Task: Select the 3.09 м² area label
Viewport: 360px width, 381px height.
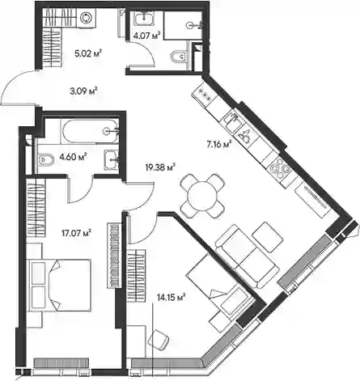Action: click(x=83, y=91)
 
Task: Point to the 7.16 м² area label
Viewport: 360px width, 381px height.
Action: click(x=219, y=145)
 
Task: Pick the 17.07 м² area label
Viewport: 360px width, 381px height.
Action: click(x=76, y=232)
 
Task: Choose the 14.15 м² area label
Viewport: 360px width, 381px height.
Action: click(x=171, y=297)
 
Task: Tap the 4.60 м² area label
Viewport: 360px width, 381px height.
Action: click(x=74, y=156)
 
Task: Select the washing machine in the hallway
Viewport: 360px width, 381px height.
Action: click(x=87, y=18)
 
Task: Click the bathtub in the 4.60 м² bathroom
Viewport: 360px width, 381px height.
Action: click(x=90, y=131)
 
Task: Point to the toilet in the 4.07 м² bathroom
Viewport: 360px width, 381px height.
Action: click(x=180, y=56)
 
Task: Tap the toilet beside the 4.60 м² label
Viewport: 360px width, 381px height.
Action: click(x=46, y=159)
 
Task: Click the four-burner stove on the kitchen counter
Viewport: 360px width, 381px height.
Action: click(x=280, y=168)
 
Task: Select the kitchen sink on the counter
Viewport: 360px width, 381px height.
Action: click(x=232, y=121)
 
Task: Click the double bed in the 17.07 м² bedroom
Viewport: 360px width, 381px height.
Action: click(x=60, y=286)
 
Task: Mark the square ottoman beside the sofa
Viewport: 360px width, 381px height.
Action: click(x=268, y=237)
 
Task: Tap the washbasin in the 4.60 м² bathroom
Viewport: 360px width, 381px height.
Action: click(x=112, y=160)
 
